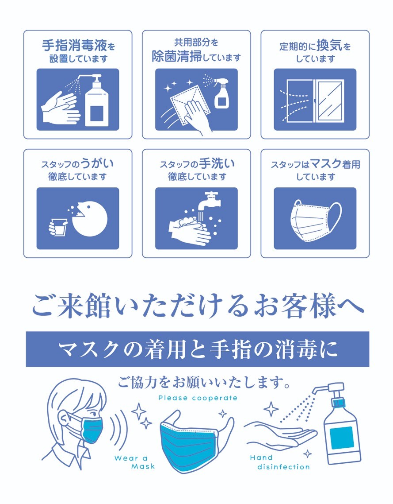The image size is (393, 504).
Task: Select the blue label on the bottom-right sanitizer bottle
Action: pos(342,438)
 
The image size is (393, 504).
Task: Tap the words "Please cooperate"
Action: pos(198,398)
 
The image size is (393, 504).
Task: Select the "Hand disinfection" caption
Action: pos(280,462)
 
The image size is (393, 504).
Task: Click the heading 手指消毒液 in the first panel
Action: pos(74,46)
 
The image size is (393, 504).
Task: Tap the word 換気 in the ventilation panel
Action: pos(329,46)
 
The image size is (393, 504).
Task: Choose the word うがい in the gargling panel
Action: pos(97,164)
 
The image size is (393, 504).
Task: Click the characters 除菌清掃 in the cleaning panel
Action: pos(176,57)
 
